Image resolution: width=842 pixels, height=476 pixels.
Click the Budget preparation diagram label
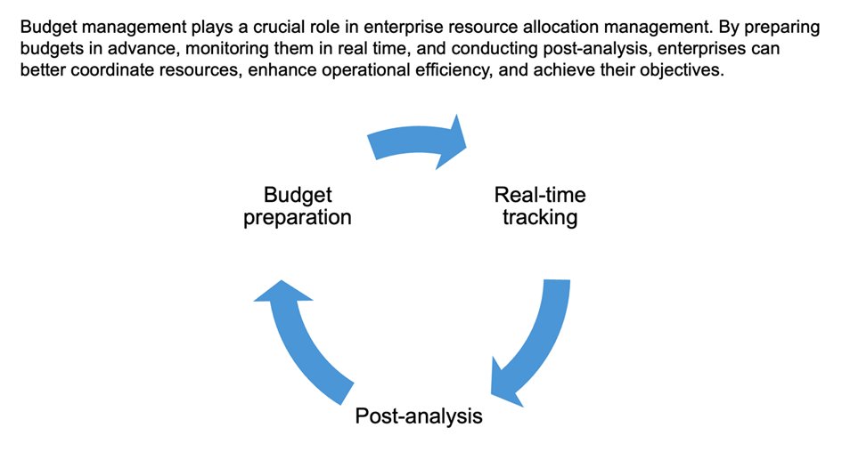[298, 206]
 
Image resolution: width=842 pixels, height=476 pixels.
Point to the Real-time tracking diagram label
[540, 206]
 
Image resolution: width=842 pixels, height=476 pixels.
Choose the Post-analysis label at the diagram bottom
[419, 416]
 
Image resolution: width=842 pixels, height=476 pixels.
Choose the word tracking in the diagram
[540, 218]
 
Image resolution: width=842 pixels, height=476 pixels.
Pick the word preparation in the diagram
[298, 218]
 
